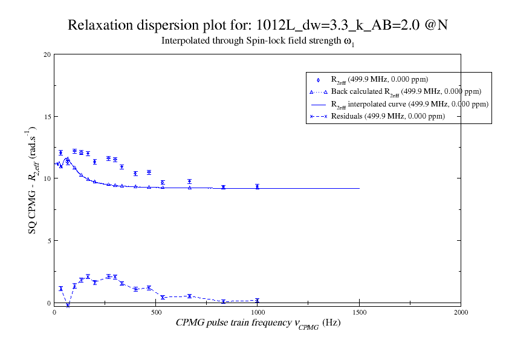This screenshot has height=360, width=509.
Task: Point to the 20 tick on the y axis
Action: tap(47, 54)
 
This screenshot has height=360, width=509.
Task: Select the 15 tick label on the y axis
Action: tap(47, 117)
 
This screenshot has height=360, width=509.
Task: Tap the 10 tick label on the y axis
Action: tap(47, 178)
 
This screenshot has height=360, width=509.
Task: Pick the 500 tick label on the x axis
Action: tap(156, 312)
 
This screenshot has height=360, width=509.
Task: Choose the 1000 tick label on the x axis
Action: tap(258, 312)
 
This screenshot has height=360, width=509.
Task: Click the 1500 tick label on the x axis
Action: tap(359, 312)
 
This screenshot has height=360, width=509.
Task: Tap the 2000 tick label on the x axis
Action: tap(461, 312)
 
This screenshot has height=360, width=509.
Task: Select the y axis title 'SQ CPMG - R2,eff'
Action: tap(32, 180)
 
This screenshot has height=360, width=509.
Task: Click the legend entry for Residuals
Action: tap(387, 116)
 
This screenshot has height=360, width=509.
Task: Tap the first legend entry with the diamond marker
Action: tap(380, 79)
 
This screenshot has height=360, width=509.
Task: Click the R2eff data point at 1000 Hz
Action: tap(258, 187)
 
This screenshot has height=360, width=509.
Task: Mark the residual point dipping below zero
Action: tap(68, 305)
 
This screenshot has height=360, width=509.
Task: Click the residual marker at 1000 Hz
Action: tap(258, 300)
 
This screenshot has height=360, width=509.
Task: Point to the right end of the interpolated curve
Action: tap(359, 188)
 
